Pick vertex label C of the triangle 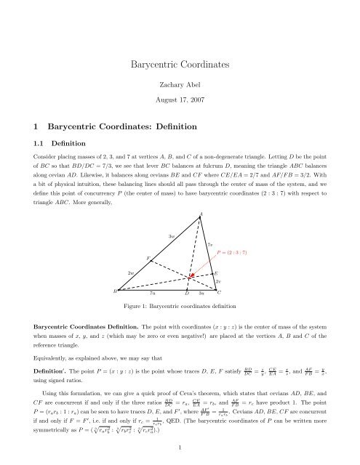coord(219,292)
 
